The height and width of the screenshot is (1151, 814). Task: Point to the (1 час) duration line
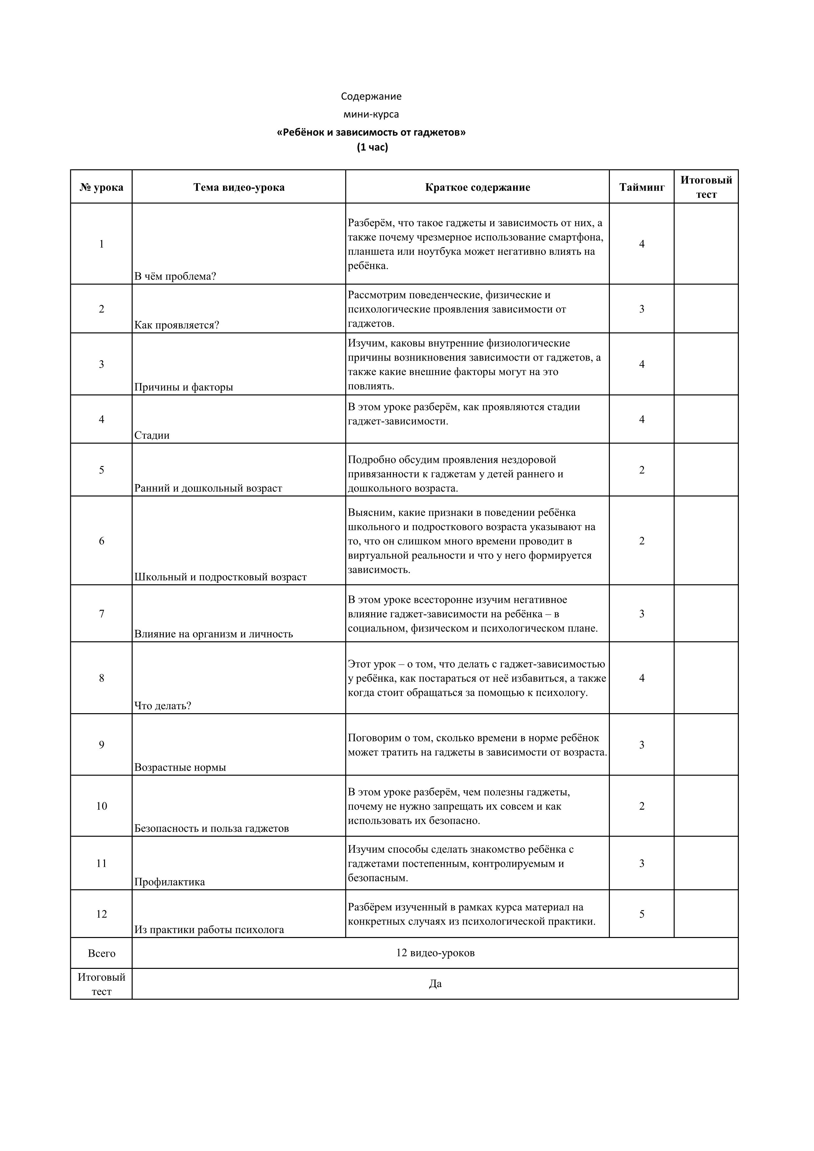tap(373, 147)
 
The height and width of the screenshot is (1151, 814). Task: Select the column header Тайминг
tap(642, 187)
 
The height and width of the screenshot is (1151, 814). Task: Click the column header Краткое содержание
tap(477, 187)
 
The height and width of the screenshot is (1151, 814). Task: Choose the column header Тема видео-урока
tap(239, 187)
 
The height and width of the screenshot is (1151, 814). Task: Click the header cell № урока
tap(101, 187)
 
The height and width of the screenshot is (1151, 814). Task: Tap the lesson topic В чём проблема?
tap(175, 276)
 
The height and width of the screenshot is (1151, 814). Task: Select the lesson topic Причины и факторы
tap(183, 387)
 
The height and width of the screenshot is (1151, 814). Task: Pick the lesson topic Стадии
tap(152, 435)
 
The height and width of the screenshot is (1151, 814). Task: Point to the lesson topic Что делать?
tap(162, 706)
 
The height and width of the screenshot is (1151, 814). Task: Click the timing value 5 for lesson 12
tap(642, 914)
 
